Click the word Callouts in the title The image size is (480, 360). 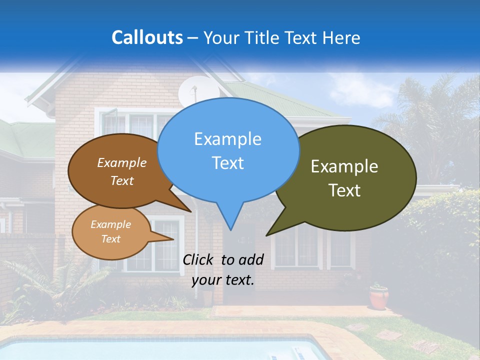[147, 37]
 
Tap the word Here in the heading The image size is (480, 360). [341, 37]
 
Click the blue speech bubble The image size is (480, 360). [228, 150]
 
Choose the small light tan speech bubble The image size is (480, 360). [111, 232]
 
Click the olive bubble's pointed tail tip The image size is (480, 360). [267, 235]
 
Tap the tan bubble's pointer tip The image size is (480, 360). [173, 239]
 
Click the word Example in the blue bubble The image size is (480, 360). [227, 139]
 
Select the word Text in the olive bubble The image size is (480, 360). [345, 190]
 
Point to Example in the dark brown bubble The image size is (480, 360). [122, 163]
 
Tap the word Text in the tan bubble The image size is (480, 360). [111, 239]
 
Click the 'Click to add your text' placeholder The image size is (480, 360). [223, 270]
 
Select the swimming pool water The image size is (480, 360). [150, 350]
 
